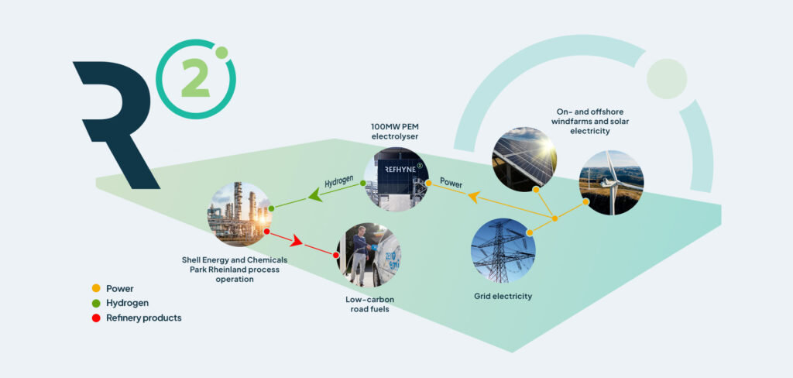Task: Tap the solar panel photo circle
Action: pos(524,158)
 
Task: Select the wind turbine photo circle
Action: pos(611,182)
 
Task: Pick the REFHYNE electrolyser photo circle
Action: pos(396,181)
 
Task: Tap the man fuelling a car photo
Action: pos(368,255)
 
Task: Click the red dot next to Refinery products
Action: pos(96,318)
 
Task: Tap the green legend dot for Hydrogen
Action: pos(96,303)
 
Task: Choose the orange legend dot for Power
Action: pos(96,288)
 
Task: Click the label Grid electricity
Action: pos(503,296)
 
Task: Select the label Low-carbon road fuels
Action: pos(368,304)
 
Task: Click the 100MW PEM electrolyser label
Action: pos(396,132)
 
